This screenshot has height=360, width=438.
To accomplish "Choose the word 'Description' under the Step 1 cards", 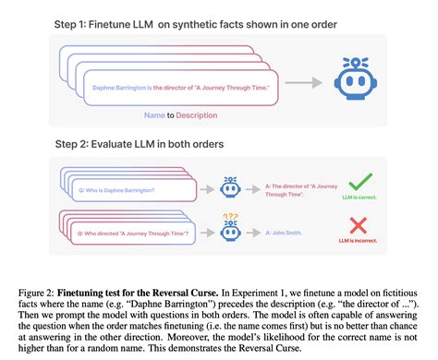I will (x=206, y=116).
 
